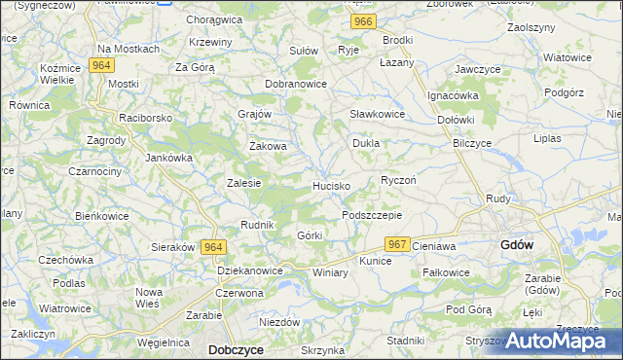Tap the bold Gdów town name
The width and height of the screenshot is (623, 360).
tap(515, 245)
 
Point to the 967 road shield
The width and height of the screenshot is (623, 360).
tap(395, 244)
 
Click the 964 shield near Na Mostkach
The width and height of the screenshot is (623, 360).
tap(99, 65)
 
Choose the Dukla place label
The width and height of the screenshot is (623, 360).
tap(365, 143)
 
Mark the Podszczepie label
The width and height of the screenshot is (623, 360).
tap(372, 215)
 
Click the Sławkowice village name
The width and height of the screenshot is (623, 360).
tap(377, 114)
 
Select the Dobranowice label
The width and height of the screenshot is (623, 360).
tap(295, 85)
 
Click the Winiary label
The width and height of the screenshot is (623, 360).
tap(330, 273)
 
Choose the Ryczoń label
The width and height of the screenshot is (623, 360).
tap(398, 180)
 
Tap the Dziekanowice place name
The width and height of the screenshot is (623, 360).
tap(250, 270)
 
